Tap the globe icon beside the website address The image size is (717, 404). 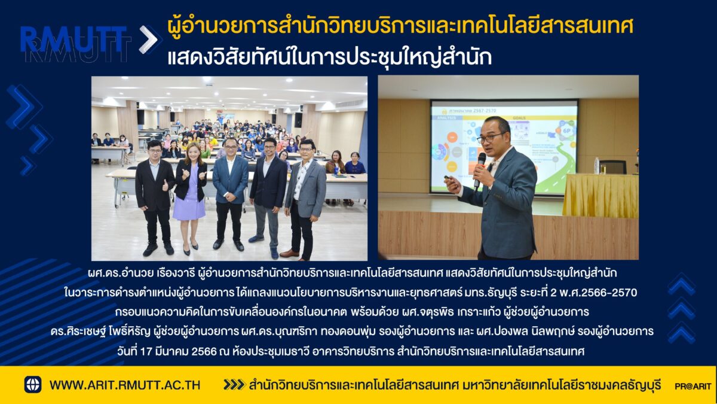pyautogui.click(x=33, y=384)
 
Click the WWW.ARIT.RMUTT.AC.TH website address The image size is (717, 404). pyautogui.click(x=125, y=385)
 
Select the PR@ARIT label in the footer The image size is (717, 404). pyautogui.click(x=693, y=387)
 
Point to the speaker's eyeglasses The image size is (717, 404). pyautogui.click(x=491, y=138)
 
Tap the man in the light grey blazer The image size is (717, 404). pyautogui.click(x=304, y=199)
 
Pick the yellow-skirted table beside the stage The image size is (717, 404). pyautogui.click(x=600, y=196)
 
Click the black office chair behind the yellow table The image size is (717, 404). pyautogui.click(x=612, y=167)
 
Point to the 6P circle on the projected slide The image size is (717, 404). pyautogui.click(x=566, y=131)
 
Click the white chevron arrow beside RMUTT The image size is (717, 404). pyautogui.click(x=148, y=40)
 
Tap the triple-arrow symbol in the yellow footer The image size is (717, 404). pyautogui.click(x=234, y=385)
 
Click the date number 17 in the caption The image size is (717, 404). pyautogui.click(x=146, y=351)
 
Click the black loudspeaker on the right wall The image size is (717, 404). pyautogui.click(x=298, y=120)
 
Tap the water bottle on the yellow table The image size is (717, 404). pyautogui.click(x=596, y=166)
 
